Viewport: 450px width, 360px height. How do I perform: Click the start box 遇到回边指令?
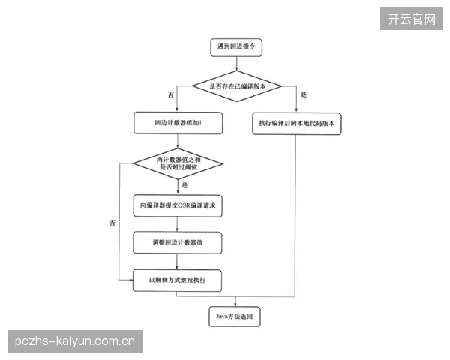(236, 47)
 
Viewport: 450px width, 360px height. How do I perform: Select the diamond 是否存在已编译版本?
(237, 86)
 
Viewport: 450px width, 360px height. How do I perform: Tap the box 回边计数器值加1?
(178, 123)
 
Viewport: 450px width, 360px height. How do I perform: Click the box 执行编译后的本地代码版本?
(297, 124)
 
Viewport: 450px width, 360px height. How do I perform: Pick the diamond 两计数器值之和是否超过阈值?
(178, 163)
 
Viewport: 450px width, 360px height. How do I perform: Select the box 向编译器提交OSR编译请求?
(178, 205)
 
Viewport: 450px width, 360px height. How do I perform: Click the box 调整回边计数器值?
(177, 242)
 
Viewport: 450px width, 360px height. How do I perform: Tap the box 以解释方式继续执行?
(177, 280)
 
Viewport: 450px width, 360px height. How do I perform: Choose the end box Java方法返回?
(235, 316)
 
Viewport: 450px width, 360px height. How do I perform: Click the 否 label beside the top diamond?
(171, 95)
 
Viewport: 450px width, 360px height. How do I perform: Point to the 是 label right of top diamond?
(304, 94)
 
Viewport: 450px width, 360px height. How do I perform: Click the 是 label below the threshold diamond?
(184, 185)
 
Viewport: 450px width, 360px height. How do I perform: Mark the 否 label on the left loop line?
(112, 223)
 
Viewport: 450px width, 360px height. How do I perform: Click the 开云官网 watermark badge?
(411, 19)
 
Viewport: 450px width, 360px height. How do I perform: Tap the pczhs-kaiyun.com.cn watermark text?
(75, 341)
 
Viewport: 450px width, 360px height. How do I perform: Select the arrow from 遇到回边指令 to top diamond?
(237, 64)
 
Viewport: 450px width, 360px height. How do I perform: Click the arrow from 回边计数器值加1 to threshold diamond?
(178, 141)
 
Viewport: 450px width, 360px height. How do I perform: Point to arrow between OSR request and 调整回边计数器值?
(177, 224)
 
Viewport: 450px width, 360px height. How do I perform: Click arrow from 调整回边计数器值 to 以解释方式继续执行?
(177, 262)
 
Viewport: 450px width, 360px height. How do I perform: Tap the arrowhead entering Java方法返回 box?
(235, 305)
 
